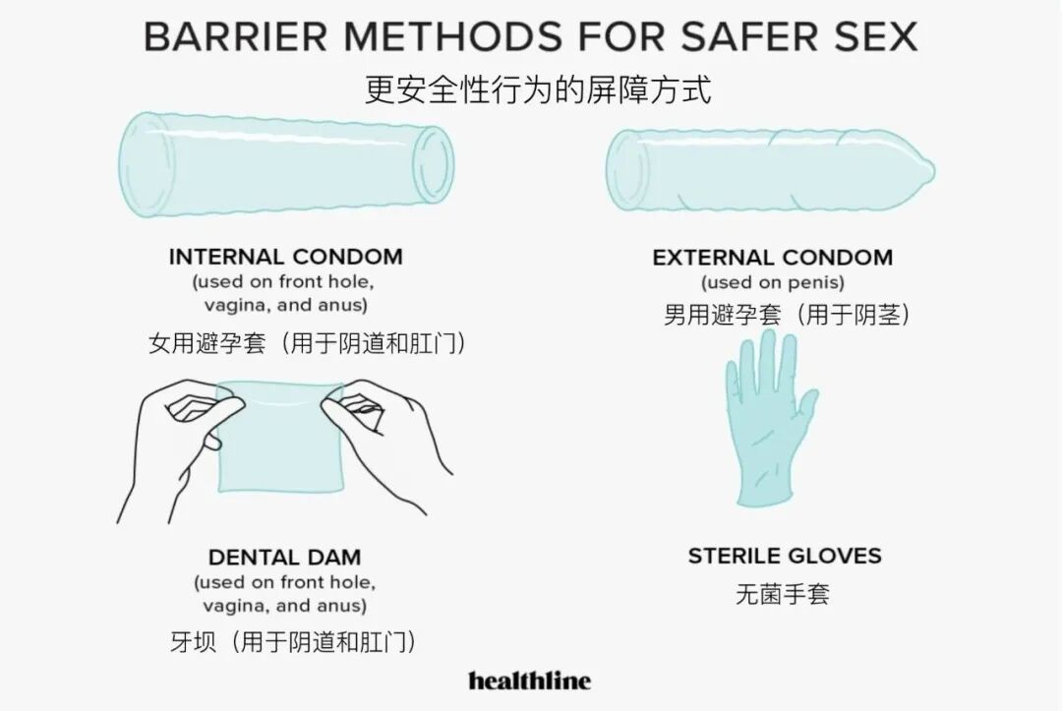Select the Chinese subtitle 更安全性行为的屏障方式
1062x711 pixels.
point(537,90)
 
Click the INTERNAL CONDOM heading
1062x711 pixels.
point(285,257)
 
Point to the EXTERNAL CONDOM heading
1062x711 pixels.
point(772,258)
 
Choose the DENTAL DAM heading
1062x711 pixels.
point(284,558)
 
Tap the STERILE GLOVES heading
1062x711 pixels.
point(784,556)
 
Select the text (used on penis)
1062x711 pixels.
point(772,283)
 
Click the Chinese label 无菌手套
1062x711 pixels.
point(783,594)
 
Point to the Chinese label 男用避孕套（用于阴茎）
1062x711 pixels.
point(786,316)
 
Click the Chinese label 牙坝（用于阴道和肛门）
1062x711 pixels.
point(293,642)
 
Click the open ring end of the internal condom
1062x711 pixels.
point(433,164)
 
